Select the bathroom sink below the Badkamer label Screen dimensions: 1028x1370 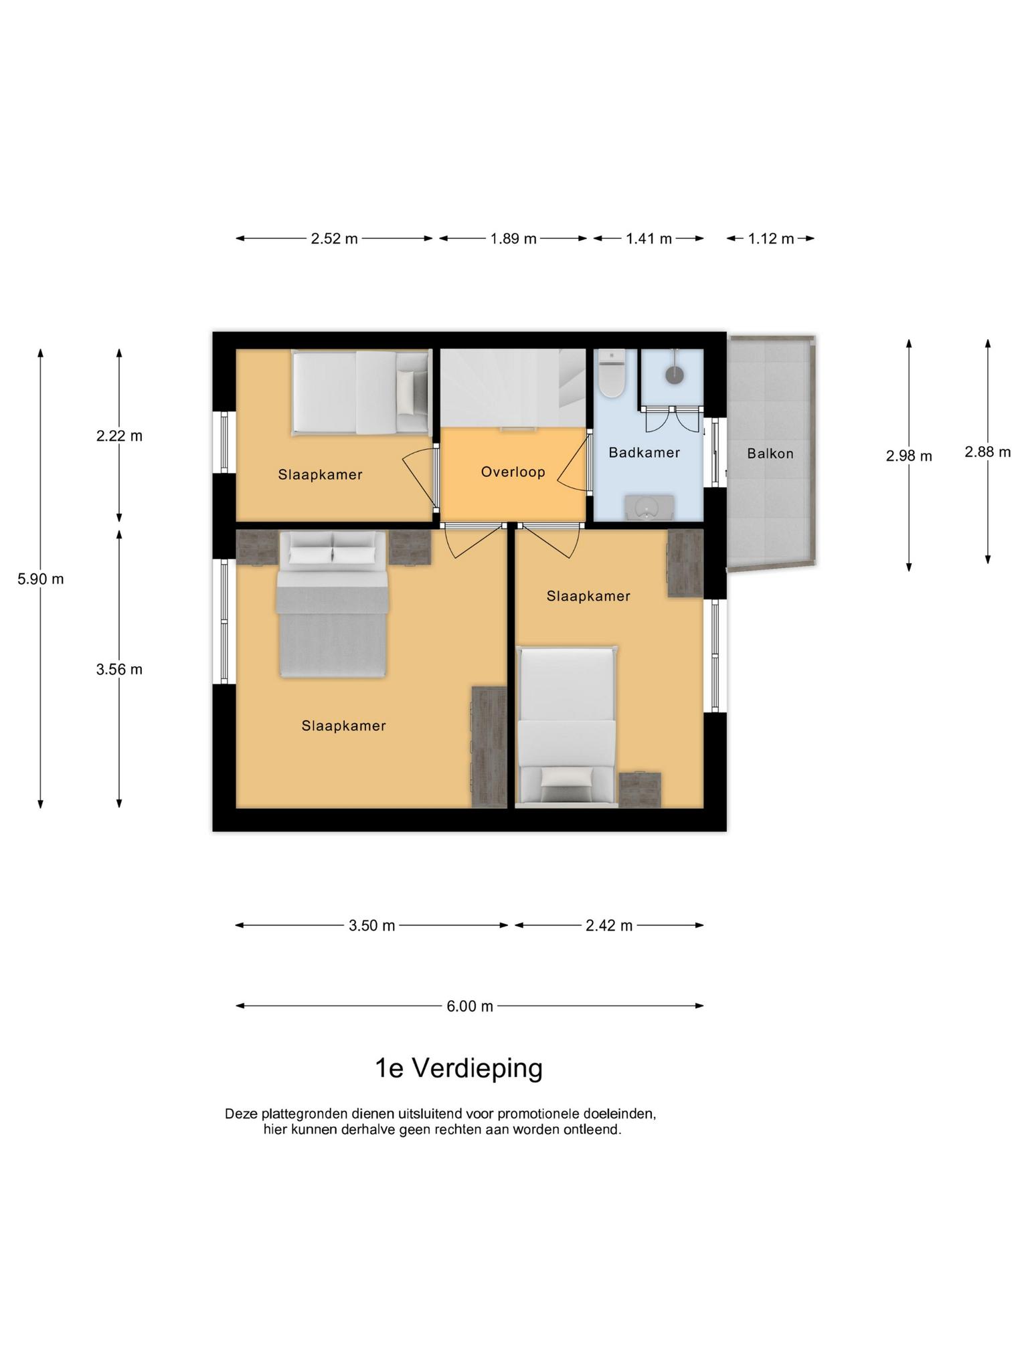[649, 508]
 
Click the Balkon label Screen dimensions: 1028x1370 [770, 454]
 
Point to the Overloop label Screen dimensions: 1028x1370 [513, 472]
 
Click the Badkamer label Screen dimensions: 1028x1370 [645, 452]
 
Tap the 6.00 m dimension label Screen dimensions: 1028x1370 [470, 1006]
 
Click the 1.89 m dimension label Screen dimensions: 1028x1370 [513, 239]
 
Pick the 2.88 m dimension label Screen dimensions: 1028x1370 [987, 452]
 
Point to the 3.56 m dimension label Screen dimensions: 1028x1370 [119, 670]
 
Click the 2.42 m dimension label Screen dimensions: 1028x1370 [609, 926]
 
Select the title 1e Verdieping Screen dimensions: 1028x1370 [458, 1068]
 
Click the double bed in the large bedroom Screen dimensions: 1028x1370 [333, 605]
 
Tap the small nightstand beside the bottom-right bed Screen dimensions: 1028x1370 [639, 790]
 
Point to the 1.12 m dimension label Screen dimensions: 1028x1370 [771, 239]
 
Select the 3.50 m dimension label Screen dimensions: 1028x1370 [372, 926]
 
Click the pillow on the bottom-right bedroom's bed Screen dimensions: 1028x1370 [567, 778]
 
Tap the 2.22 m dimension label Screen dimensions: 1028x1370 [119, 436]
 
